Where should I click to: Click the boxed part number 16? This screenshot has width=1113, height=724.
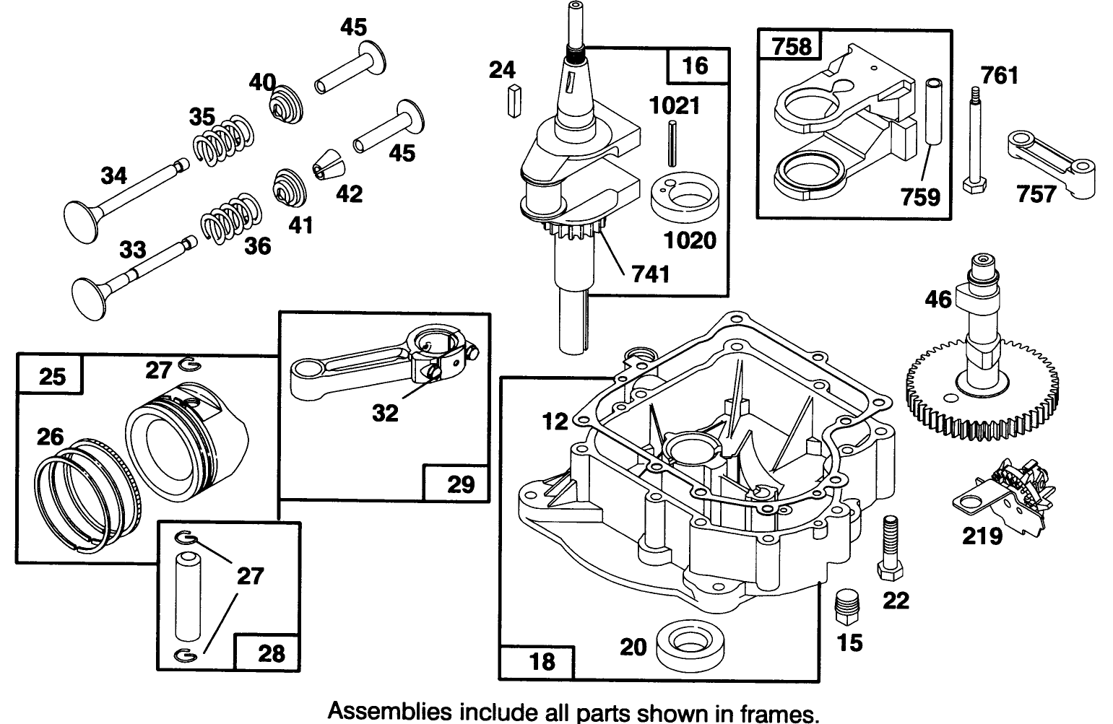pos(696,67)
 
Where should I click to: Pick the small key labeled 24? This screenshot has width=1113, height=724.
pos(515,100)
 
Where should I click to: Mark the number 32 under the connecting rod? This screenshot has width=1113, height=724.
pos(385,413)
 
